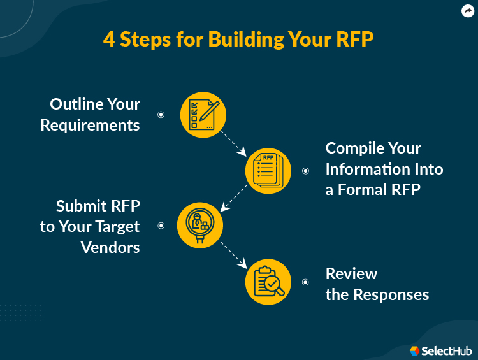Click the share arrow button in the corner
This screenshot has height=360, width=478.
click(x=467, y=11)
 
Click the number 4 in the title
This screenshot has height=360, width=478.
click(x=109, y=40)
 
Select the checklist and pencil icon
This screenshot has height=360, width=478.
click(x=204, y=115)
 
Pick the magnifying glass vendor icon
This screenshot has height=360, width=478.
click(x=199, y=225)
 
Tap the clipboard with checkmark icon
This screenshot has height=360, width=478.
click(x=268, y=282)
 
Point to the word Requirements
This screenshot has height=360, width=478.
click(x=90, y=125)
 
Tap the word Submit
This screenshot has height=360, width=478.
click(x=82, y=206)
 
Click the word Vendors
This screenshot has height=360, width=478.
click(x=110, y=247)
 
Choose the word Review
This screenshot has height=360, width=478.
click(x=351, y=274)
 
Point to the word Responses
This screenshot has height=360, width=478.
click(x=391, y=295)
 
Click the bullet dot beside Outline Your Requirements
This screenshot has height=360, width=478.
click(x=161, y=115)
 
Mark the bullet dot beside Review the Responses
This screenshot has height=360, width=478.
click(x=305, y=282)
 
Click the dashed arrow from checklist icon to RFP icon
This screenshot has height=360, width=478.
click(x=233, y=143)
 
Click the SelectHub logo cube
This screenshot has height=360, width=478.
click(x=414, y=350)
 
